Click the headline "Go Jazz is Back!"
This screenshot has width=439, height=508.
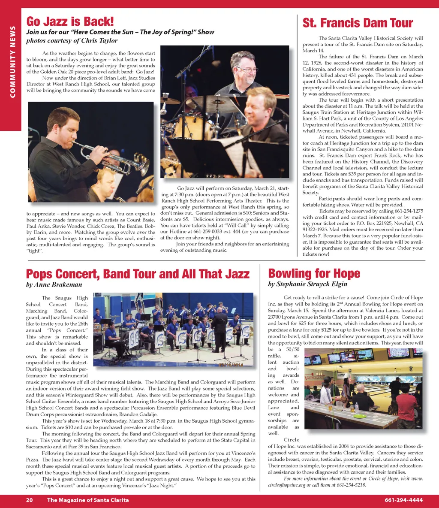tap(70, 21)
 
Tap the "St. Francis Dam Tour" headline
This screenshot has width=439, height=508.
tap(358, 23)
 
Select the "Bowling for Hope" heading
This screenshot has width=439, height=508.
tap(314, 273)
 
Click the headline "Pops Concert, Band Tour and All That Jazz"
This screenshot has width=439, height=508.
tap(138, 274)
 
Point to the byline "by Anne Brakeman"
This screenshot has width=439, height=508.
tap(54, 284)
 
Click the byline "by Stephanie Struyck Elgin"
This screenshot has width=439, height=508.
tap(307, 284)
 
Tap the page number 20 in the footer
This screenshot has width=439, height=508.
tap(29, 500)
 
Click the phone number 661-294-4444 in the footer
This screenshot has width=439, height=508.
tap(403, 500)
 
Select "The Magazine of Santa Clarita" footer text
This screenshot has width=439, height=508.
tap(88, 500)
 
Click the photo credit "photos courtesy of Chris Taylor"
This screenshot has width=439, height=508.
tap(72, 41)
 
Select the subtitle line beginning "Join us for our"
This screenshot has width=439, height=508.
tap(120, 32)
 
